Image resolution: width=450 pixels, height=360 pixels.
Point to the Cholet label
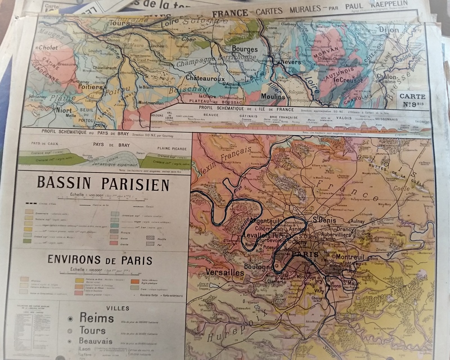pos(48,48)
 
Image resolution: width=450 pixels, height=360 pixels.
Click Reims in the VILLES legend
pos(96,318)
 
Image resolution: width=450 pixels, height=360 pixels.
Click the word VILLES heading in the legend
pos(117,308)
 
